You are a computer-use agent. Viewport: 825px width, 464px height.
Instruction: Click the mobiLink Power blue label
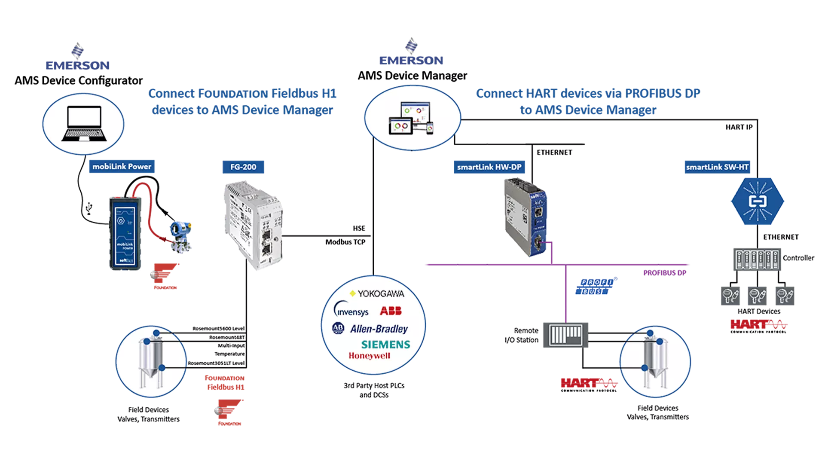122,167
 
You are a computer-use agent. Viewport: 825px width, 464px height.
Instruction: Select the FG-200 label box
243,167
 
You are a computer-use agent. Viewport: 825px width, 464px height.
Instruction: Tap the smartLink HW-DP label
489,167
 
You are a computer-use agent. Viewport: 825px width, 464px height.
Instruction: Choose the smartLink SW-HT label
717,167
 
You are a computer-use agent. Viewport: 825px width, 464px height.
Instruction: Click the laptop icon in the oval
84,124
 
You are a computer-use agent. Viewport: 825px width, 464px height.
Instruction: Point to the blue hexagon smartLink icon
757,201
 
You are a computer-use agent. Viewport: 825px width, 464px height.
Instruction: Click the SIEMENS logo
385,345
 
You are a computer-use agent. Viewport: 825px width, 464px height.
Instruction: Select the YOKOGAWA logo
377,294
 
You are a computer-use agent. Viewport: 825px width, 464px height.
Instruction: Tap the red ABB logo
391,311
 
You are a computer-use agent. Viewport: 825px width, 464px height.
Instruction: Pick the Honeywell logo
370,356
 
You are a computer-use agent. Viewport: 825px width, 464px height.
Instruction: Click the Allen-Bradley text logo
379,329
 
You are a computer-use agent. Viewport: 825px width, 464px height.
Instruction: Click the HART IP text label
739,127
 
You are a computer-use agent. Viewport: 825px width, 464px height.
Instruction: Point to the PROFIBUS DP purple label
664,273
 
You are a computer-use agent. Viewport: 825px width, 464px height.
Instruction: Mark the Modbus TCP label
345,242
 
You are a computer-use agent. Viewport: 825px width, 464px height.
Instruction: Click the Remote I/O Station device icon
565,334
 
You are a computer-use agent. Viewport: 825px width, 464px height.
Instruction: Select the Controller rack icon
757,259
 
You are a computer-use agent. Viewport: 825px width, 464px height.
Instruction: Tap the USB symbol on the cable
89,209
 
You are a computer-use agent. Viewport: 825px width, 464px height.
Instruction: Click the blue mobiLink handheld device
125,233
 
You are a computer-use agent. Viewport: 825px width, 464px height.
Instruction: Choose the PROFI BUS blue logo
595,287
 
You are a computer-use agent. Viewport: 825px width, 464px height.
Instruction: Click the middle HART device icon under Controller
757,296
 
